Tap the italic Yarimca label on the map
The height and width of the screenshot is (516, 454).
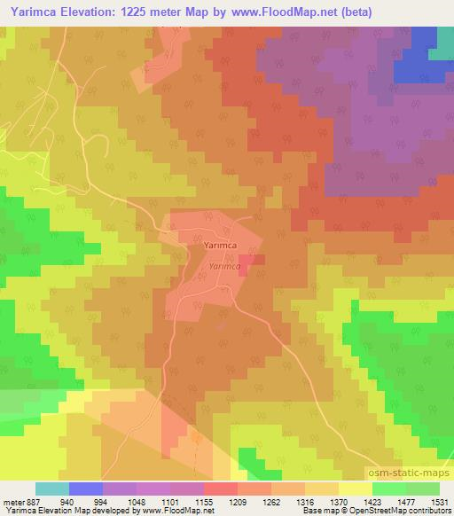(x=225, y=266)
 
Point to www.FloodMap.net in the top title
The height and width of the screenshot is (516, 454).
(x=278, y=12)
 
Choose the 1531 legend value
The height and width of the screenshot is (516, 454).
(x=440, y=501)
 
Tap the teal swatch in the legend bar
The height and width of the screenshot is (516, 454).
(x=52, y=489)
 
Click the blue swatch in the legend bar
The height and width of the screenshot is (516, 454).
(x=86, y=489)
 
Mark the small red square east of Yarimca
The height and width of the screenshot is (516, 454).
(x=245, y=259)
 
